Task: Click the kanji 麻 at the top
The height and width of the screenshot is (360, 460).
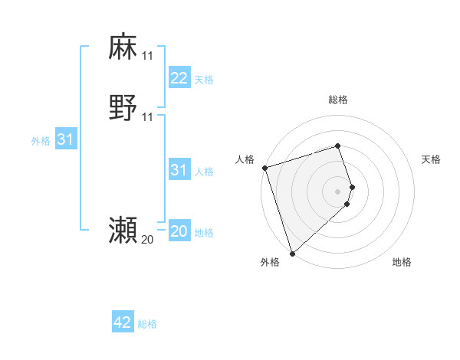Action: (123, 47)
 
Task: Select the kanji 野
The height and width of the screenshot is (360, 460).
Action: (123, 108)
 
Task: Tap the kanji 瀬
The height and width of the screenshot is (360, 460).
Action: (123, 231)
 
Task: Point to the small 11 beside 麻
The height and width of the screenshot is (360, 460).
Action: (147, 56)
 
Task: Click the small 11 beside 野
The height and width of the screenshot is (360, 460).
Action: (147, 117)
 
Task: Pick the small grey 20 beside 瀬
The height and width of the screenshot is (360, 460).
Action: (147, 240)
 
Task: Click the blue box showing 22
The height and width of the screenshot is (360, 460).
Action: (179, 78)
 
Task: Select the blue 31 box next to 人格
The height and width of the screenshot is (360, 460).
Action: (179, 170)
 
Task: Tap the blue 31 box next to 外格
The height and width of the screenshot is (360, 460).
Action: (66, 139)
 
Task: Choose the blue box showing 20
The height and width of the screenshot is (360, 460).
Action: (179, 231)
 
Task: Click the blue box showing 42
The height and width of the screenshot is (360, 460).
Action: (123, 322)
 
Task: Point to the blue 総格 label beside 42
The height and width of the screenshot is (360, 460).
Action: (147, 324)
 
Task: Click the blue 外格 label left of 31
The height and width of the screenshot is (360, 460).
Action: (41, 141)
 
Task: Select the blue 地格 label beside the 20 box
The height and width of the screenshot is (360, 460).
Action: (204, 233)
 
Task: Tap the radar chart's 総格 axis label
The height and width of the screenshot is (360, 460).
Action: (338, 100)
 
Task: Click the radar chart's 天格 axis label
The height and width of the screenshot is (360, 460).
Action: (431, 159)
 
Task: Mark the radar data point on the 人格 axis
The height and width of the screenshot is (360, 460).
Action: (264, 168)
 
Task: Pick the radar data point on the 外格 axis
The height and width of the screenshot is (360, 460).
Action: (291, 253)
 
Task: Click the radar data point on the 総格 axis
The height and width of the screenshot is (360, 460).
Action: (338, 146)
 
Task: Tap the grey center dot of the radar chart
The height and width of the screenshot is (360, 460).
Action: (338, 191)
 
